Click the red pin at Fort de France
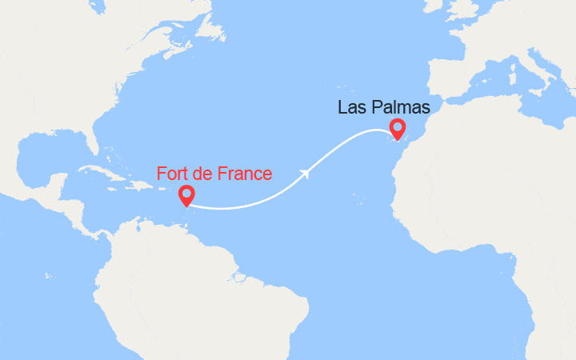coord(186,194)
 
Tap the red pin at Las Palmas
coord(397,127)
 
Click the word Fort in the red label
coord(174,173)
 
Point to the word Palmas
coord(402,106)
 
